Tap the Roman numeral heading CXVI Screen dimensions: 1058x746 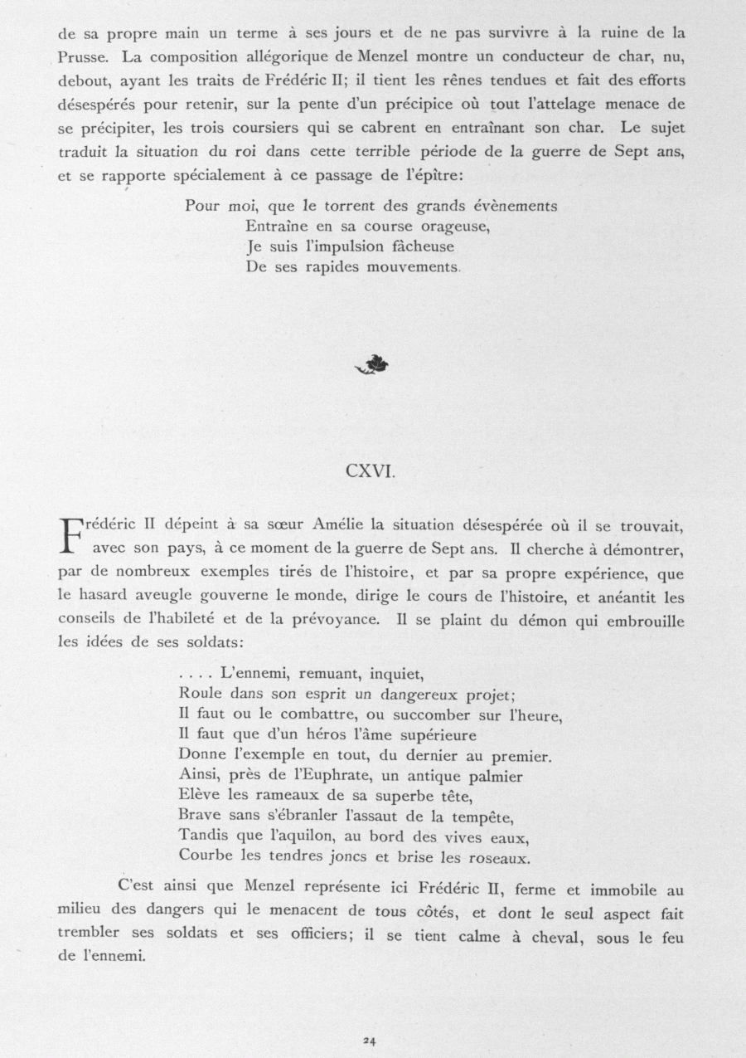pos(372,472)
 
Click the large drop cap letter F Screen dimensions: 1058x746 pos(75,537)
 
